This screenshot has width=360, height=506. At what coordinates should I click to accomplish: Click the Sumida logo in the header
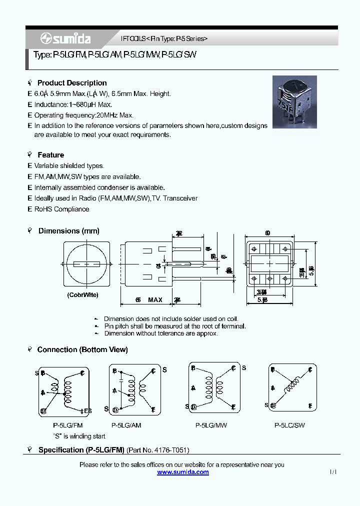pyautogui.click(x=65, y=38)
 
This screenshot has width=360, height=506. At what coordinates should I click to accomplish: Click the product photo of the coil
pyautogui.click(x=294, y=102)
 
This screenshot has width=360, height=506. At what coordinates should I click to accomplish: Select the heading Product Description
pyautogui.click(x=72, y=83)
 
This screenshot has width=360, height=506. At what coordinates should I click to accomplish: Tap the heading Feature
pyautogui.click(x=50, y=155)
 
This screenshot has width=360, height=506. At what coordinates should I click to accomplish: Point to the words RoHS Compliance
pyautogui.click(x=61, y=209)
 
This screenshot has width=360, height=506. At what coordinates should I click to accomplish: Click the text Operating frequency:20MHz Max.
pyautogui.click(x=83, y=115)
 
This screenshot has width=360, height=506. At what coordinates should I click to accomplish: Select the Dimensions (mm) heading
pyautogui.click(x=68, y=231)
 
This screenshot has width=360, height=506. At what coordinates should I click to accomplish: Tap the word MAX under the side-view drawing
pyautogui.click(x=155, y=300)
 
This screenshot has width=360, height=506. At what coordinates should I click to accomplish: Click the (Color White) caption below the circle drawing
pyautogui.click(x=83, y=295)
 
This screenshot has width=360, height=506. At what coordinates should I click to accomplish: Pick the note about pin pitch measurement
pyautogui.click(x=174, y=326)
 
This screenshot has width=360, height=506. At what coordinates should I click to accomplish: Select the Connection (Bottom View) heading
pyautogui.click(x=82, y=349)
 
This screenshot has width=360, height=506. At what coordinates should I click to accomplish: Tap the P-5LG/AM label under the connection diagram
pyautogui.click(x=126, y=425)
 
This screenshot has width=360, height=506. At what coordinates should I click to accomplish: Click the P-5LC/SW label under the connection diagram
pyautogui.click(x=289, y=425)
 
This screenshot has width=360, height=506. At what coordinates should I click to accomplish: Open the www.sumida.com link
pyautogui.click(x=183, y=472)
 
